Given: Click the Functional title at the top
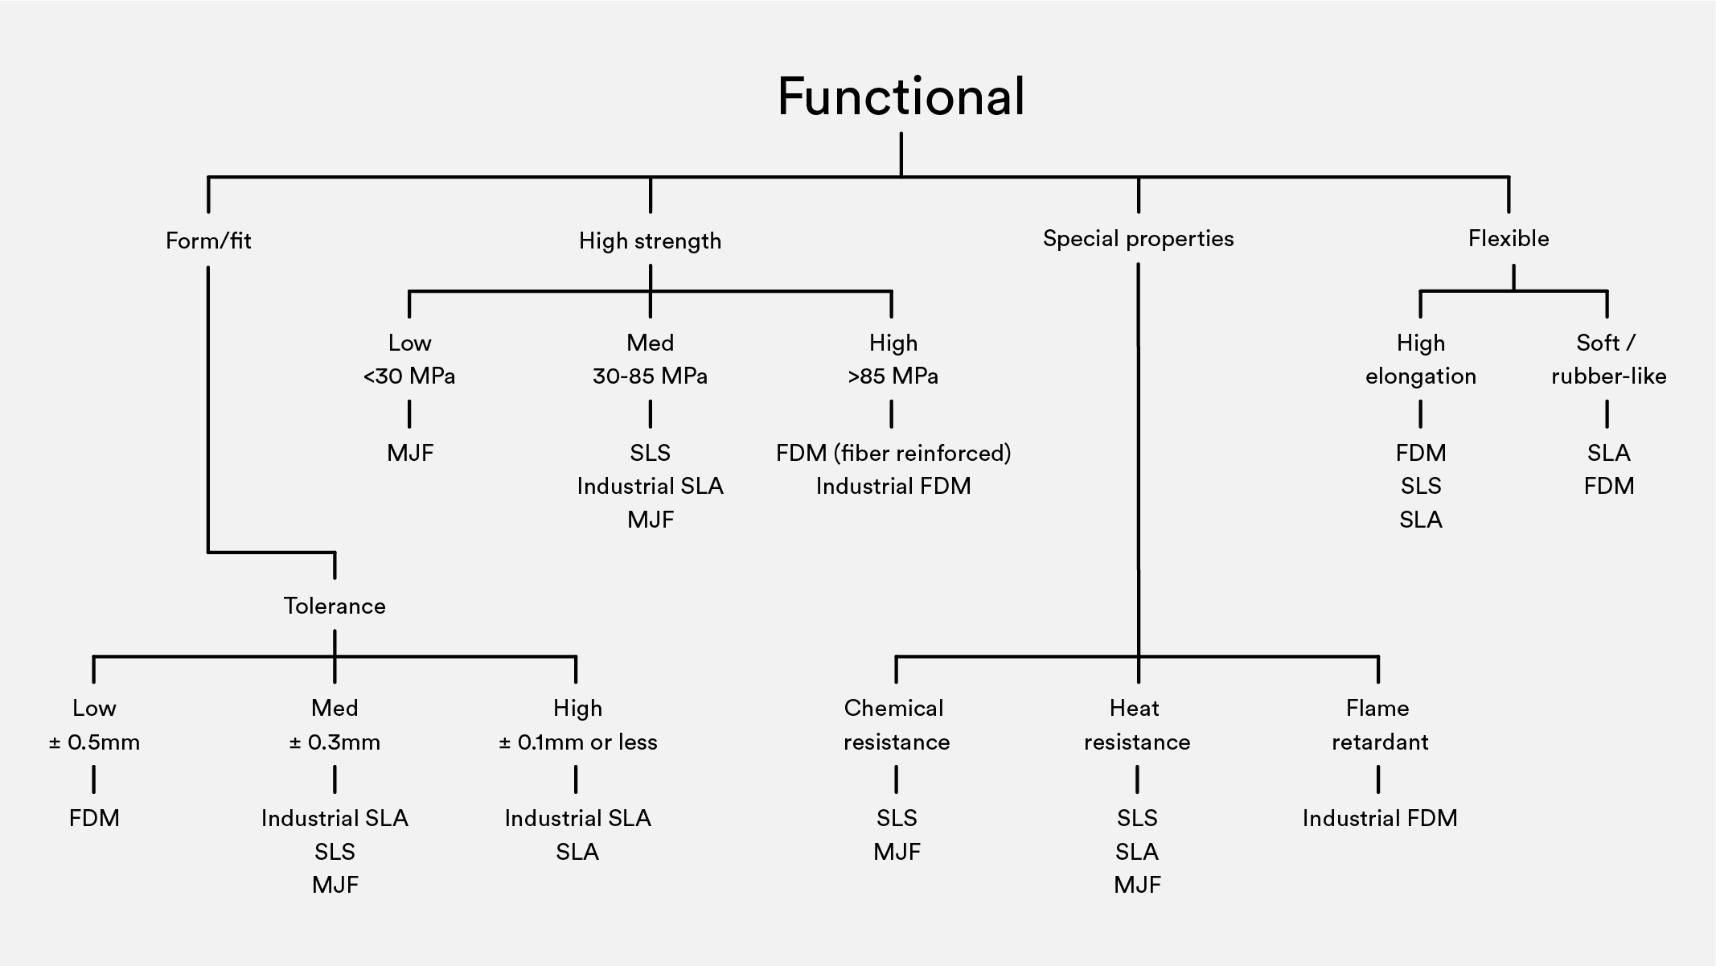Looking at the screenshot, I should point(901,97).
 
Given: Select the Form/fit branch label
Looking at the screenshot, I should point(208,240).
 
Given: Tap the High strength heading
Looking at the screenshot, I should point(650,240).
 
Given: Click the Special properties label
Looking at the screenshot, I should point(1138,238).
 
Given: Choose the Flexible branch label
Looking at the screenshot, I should point(1509,238).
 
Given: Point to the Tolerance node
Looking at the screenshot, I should point(335,606).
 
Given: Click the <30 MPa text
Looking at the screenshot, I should point(409,376).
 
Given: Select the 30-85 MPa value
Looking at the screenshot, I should point(650,376).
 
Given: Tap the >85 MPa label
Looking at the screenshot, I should point(893,376).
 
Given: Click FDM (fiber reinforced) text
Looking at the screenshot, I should point(893,453).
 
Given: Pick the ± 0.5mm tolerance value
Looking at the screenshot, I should point(94,742).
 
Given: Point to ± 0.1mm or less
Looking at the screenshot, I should point(577,742).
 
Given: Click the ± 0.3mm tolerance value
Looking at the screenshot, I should point(335,742).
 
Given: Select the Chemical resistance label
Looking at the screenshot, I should point(896,725).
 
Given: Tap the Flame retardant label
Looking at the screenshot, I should point(1379,725).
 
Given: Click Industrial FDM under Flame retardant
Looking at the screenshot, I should point(1379,818).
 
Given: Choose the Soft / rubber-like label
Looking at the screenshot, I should point(1608,359).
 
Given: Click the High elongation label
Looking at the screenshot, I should point(1420,359).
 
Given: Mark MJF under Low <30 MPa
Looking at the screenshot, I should point(409,453).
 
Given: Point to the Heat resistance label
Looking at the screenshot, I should point(1136,725).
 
